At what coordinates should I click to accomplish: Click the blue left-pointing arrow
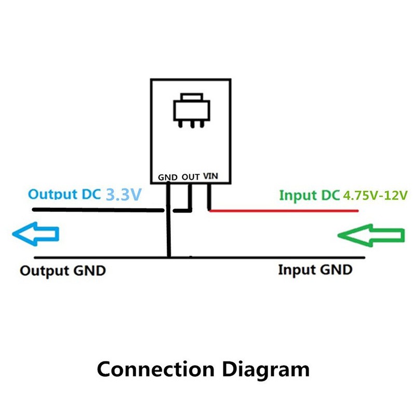pos(35,235)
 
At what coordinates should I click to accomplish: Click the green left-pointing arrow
pos(371,235)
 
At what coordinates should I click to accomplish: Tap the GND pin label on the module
pos(167,177)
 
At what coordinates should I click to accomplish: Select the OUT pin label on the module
pos(191,177)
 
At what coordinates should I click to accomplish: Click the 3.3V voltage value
pos(124,195)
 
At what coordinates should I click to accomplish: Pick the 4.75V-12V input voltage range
pos(375,196)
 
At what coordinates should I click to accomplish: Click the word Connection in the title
pos(155,369)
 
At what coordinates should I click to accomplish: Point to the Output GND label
pos(63,271)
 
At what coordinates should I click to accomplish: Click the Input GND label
pos(315,270)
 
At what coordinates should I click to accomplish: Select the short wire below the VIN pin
pos(209,197)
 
